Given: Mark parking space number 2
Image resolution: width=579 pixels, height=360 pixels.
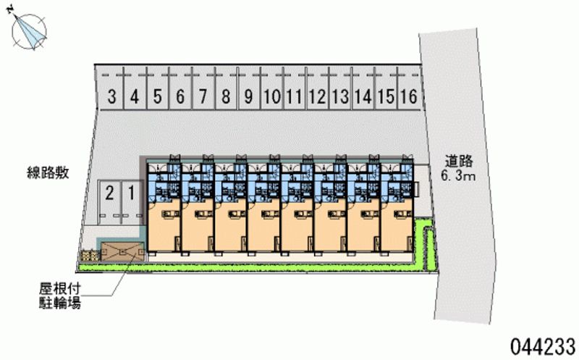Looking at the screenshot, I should pyautogui.click(x=109, y=193).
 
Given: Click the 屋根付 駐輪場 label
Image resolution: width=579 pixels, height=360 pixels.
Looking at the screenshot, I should pyautogui.click(x=60, y=295).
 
